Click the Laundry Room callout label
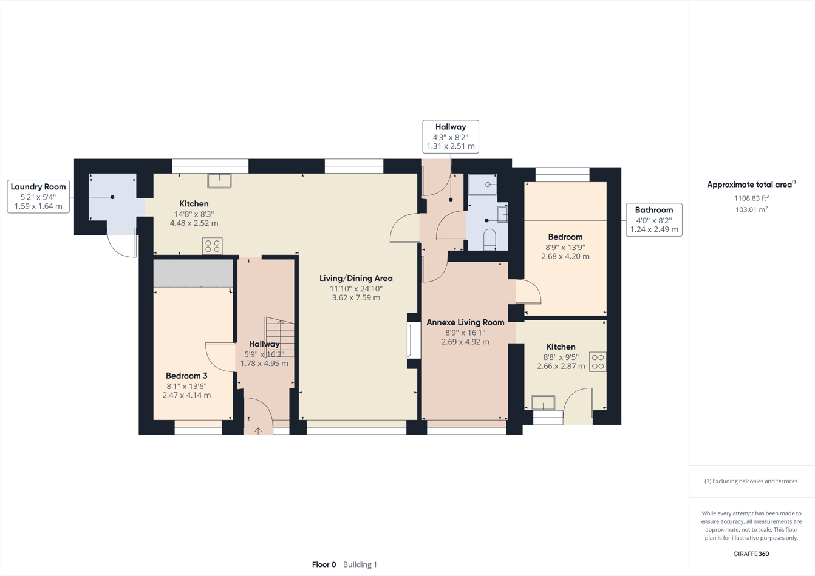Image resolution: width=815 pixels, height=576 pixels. click(x=38, y=196)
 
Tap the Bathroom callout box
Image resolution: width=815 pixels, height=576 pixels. click(x=654, y=220)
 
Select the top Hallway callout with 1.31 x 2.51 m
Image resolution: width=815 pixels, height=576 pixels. click(x=451, y=137)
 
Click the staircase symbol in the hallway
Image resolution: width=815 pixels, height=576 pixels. click(x=280, y=337)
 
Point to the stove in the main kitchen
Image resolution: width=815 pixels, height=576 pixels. click(x=212, y=246)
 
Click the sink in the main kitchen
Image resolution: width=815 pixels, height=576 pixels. click(x=219, y=180)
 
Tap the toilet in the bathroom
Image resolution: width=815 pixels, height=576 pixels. click(x=489, y=239)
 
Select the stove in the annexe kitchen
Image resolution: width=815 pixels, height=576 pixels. click(x=598, y=362)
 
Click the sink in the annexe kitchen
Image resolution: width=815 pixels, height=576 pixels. click(x=543, y=402)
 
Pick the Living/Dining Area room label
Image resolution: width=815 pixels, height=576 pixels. click(x=356, y=278)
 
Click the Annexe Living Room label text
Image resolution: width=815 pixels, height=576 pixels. click(x=465, y=322)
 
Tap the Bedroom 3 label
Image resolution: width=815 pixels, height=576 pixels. click(x=186, y=376)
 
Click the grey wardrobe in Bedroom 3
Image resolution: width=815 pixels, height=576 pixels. click(x=193, y=273)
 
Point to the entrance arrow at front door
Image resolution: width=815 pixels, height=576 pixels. click(x=258, y=430)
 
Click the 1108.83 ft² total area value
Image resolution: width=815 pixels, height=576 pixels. click(x=751, y=198)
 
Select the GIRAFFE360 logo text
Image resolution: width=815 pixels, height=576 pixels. click(x=751, y=554)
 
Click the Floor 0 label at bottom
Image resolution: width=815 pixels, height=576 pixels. click(x=324, y=564)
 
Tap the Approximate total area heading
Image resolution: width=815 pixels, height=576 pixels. click(x=751, y=185)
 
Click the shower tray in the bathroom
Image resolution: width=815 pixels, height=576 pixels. click(x=482, y=185)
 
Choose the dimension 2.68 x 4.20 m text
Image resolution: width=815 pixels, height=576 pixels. click(x=565, y=256)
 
